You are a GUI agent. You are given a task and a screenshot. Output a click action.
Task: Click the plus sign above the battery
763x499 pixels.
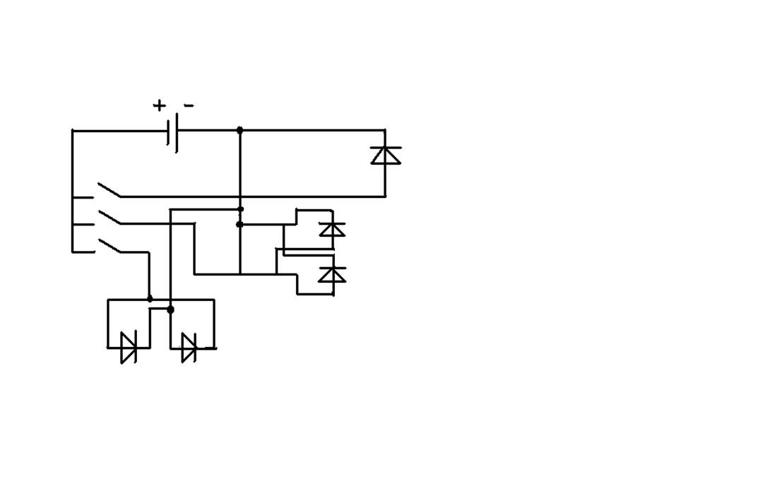(x=159, y=105)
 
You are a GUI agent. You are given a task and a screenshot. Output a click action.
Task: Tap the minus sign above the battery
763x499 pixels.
(x=189, y=105)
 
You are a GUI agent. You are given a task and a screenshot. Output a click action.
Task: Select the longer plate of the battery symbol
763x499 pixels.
(x=177, y=132)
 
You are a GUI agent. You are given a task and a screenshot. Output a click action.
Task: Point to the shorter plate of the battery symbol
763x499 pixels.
(x=168, y=132)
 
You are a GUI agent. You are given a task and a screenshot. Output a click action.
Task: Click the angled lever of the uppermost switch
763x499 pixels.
(x=110, y=190)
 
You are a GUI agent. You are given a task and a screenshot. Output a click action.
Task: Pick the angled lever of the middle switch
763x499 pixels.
(x=110, y=217)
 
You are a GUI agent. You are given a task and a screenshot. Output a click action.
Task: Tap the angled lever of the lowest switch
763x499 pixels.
(x=110, y=245)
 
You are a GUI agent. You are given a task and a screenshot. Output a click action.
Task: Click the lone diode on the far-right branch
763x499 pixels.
(x=386, y=155)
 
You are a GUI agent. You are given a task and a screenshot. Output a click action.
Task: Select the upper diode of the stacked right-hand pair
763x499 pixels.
(x=332, y=229)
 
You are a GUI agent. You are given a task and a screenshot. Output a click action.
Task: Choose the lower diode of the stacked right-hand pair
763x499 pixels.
(x=332, y=274)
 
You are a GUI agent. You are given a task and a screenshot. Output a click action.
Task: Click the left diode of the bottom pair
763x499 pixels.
(x=129, y=347)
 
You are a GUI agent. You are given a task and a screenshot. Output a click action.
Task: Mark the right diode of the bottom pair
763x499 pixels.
(x=189, y=348)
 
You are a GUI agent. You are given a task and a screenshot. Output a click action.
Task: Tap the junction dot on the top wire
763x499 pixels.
(x=239, y=130)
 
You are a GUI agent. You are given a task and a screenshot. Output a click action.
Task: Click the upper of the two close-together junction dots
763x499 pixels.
(x=240, y=209)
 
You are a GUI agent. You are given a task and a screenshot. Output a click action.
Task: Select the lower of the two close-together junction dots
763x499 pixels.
(x=239, y=225)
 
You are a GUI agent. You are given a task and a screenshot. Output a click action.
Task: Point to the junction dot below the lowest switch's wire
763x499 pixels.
(x=150, y=298)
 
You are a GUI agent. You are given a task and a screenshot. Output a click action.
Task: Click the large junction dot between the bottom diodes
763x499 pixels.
(x=170, y=310)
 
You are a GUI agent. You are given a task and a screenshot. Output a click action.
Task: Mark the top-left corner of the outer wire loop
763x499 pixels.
(x=73, y=131)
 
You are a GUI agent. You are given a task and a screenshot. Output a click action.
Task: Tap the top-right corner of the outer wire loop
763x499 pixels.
(x=386, y=130)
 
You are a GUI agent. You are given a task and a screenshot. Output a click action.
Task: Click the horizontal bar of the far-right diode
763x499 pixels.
(x=386, y=147)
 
